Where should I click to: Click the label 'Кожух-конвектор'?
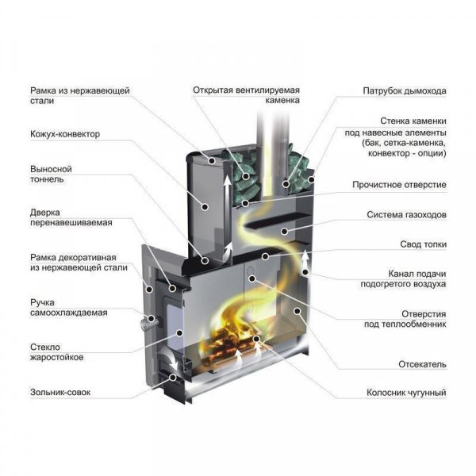pos(65,134)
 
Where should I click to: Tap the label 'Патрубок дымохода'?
pos(405,90)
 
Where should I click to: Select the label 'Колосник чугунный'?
pos(406,392)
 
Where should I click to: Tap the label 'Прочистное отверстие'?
pos(399,185)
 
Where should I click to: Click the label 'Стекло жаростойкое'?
pos(57,351)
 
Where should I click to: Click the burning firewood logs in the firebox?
pos(234,346)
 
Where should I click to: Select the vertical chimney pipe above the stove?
pos(270,135)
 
